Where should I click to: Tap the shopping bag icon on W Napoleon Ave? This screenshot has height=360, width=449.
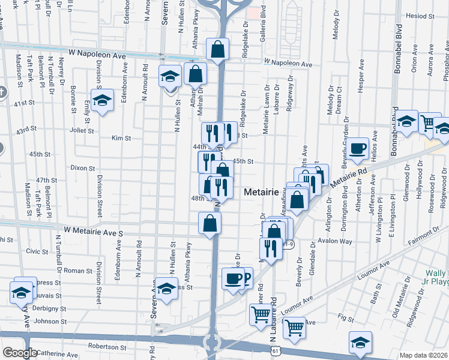pos(217,50)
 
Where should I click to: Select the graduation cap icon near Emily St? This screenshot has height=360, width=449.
pos(102,100)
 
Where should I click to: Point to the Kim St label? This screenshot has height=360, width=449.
pos(121,138)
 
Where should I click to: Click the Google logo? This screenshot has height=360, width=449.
pos(20,353)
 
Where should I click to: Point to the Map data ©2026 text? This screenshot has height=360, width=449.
pos(423,355)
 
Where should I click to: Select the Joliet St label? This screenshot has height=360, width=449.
pos(82,129)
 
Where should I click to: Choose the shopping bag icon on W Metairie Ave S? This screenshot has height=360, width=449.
pos(209,223)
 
